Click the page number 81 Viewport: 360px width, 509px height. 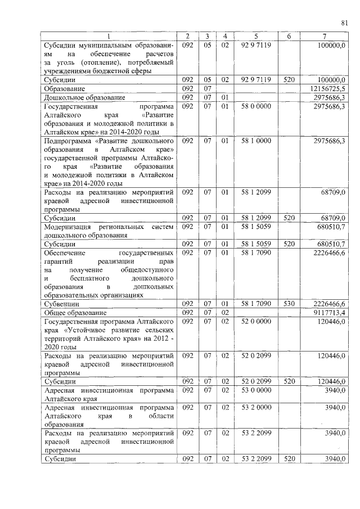point(344,22)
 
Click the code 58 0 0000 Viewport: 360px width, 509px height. point(255,106)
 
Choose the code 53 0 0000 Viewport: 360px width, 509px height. point(255,390)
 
